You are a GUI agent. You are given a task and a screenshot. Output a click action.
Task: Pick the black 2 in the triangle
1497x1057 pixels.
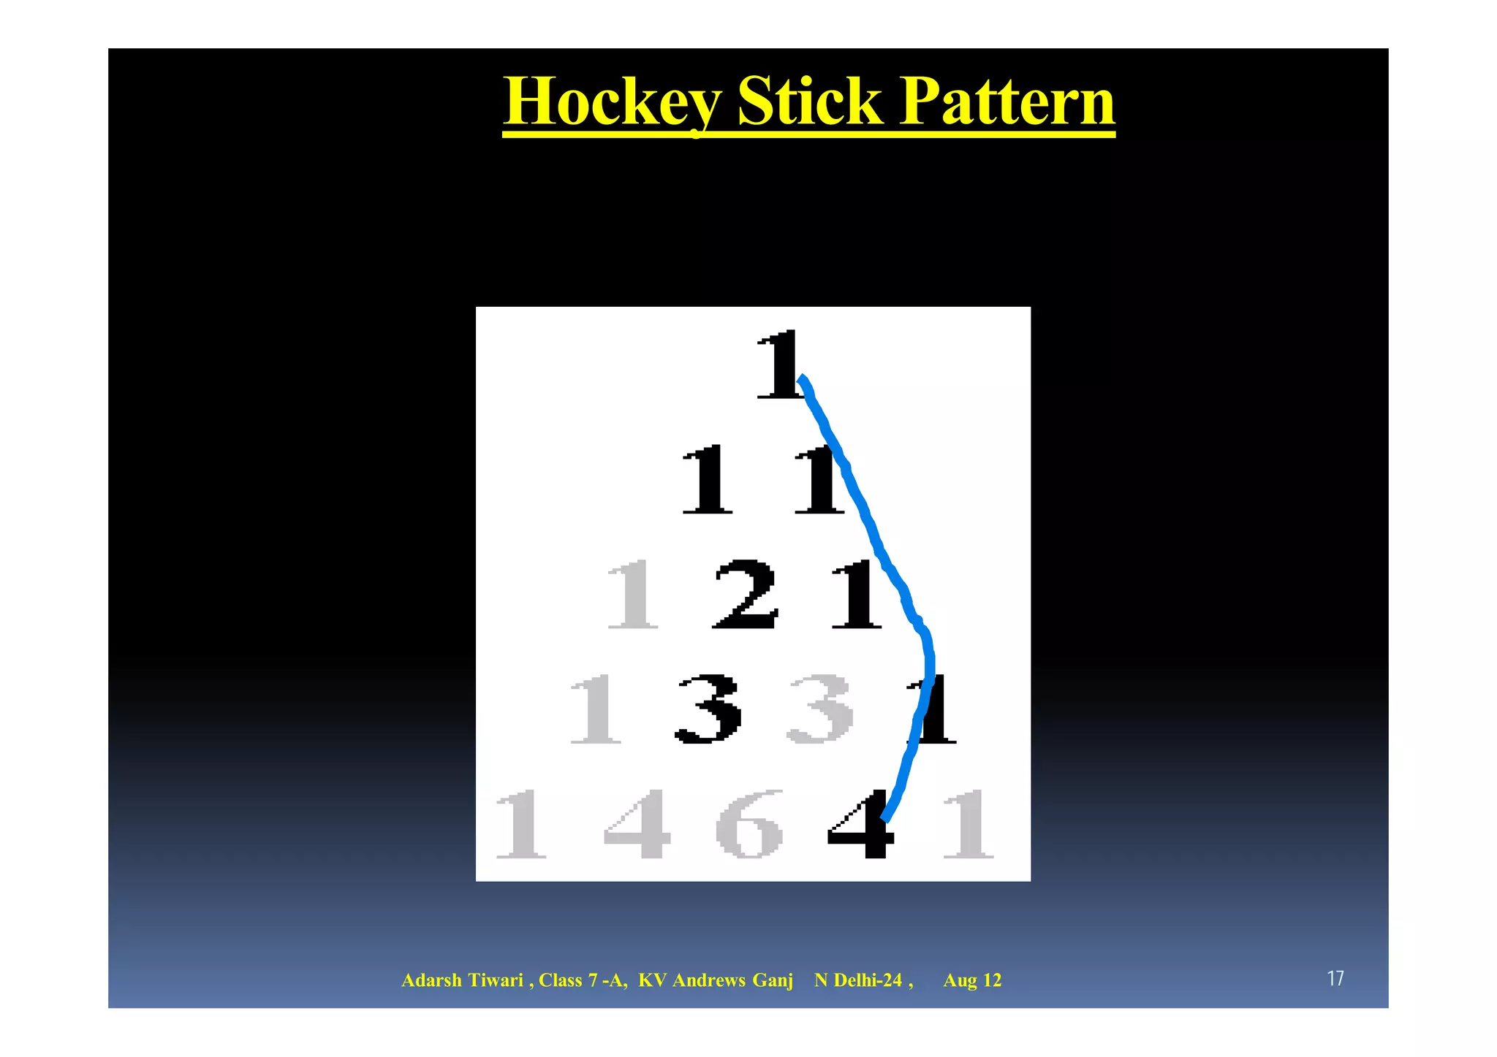pyautogui.click(x=745, y=595)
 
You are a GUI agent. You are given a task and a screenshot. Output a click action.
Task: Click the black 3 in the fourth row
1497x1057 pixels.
pyautogui.click(x=708, y=709)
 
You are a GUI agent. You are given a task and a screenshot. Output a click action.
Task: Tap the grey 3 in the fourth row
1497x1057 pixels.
pyautogui.click(x=819, y=709)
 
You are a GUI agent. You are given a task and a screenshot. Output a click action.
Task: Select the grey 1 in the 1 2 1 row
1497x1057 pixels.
pyautogui.click(x=633, y=595)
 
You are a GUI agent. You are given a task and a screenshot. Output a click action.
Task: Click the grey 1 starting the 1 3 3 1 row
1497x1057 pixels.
pyautogui.click(x=596, y=709)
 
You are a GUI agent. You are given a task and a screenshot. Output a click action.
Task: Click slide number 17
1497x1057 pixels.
pyautogui.click(x=1335, y=979)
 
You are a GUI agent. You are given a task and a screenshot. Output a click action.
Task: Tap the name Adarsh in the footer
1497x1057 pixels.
pyautogui.click(x=431, y=980)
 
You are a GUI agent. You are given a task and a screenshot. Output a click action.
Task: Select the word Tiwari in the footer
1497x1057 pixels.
pyautogui.click(x=495, y=980)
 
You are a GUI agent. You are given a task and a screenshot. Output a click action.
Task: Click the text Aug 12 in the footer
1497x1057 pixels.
pyautogui.click(x=972, y=980)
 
